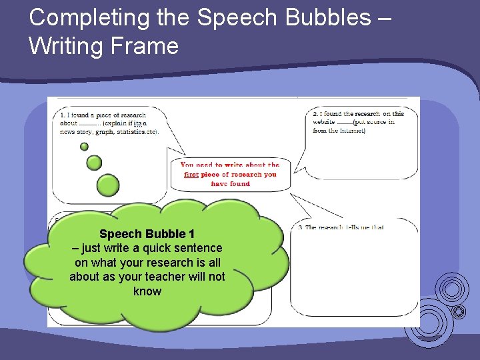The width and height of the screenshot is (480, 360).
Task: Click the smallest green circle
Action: tap(84, 147)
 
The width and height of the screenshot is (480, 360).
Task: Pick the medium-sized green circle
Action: tap(95, 162)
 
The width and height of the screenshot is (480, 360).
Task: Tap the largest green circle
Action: tap(108, 185)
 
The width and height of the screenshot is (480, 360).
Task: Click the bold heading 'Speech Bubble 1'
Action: tap(147, 234)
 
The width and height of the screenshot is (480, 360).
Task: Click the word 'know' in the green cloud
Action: tap(147, 291)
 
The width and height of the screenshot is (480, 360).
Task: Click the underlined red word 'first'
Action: tap(191, 175)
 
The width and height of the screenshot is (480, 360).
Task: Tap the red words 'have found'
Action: tap(231, 184)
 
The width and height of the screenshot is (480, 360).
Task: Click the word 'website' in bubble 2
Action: tap(324, 123)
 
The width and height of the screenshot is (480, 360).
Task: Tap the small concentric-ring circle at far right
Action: tap(459, 311)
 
